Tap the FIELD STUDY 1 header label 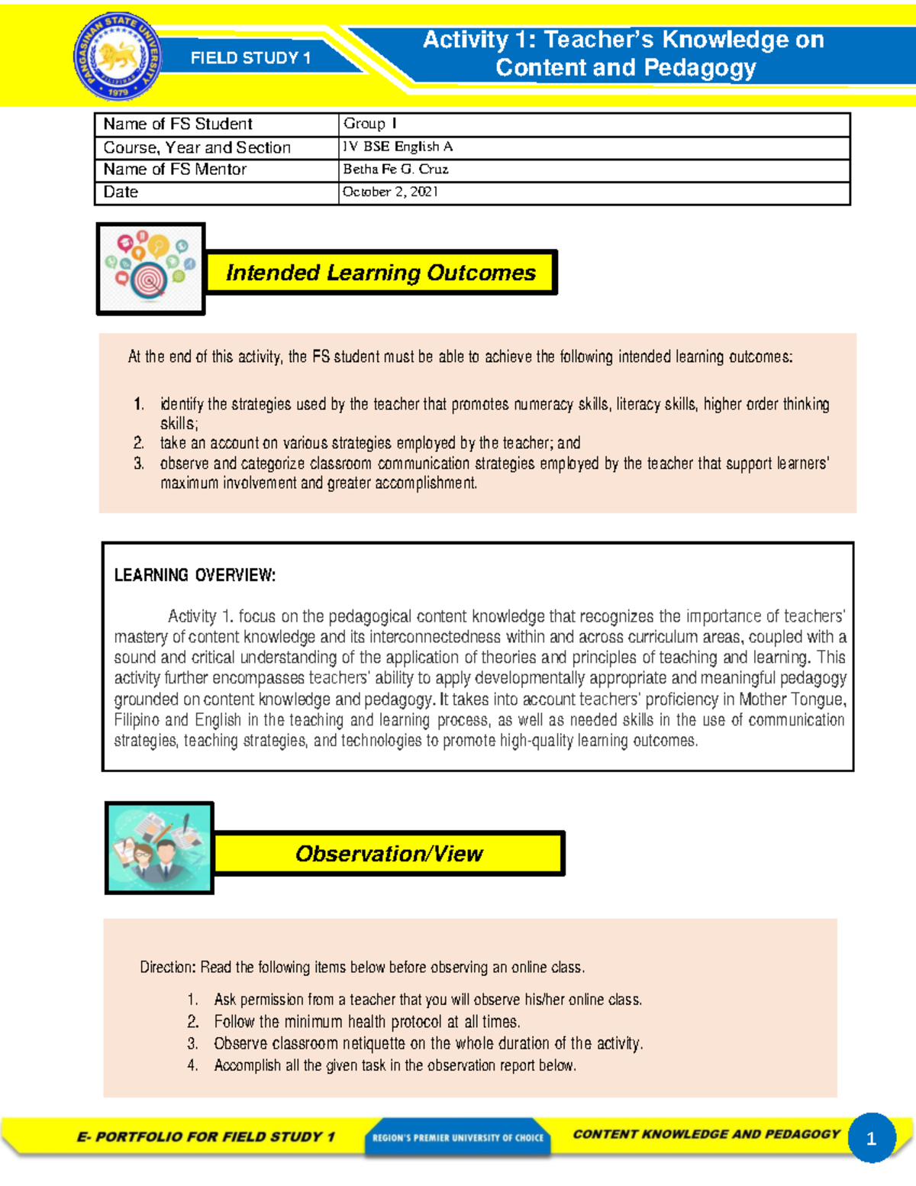(250, 58)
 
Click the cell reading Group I (370, 124)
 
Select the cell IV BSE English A (398, 147)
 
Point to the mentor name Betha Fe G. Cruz (395, 170)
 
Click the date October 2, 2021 (390, 192)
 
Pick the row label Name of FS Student (178, 124)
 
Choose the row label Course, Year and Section (197, 147)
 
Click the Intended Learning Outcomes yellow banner (381, 273)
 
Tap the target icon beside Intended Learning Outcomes (150, 269)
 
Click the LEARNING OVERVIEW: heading (195, 575)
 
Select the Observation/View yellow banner (389, 853)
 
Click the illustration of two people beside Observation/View (159, 848)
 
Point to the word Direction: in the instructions (168, 967)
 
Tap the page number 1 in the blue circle (871, 1139)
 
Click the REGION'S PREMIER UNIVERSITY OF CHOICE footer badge (458, 1137)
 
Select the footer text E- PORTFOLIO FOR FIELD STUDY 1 (206, 1136)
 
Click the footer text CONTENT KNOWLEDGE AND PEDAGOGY (706, 1134)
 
